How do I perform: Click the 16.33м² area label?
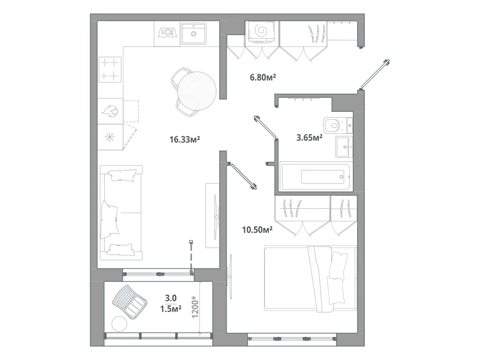(185, 140)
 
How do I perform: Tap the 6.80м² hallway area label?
(263, 77)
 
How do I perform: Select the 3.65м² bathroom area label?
(309, 137)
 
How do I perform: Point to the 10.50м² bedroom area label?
(257, 229)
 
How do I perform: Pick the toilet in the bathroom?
(337, 125)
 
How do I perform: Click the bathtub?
(315, 177)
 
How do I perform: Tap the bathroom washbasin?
(344, 146)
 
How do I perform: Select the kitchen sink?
(193, 34)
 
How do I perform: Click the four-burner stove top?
(110, 70)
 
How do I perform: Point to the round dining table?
(197, 91)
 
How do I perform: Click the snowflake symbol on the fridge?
(109, 137)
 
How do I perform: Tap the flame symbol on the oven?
(110, 111)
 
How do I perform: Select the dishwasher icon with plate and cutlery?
(168, 32)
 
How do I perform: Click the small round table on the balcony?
(120, 323)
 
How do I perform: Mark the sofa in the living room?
(121, 213)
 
